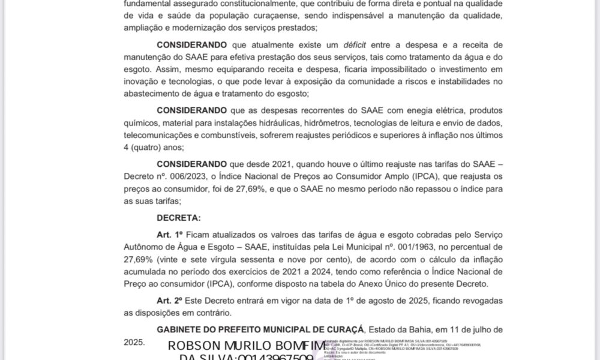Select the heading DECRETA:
pos(179,217)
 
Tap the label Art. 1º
pos(169,233)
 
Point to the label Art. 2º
pos(169,300)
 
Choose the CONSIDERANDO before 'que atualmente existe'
pos(191,45)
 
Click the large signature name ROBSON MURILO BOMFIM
pos(247,346)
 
